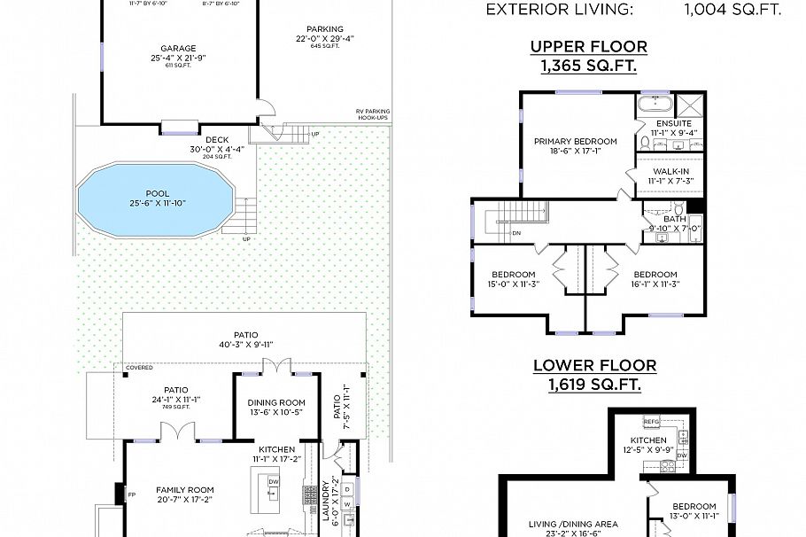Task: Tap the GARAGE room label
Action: coord(179,49)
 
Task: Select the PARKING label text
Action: coord(325,29)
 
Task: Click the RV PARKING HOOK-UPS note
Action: coord(373,114)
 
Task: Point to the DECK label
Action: coord(217,139)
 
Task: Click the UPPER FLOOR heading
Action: coord(588,46)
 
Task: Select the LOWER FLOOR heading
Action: coord(594,365)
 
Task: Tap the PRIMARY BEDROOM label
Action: coord(576,141)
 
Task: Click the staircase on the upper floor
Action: coord(515,214)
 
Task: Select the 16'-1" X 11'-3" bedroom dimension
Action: coord(655,284)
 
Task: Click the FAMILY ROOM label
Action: coord(185,489)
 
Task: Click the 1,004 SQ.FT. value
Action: coord(732,11)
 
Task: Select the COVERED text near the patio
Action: coord(139,367)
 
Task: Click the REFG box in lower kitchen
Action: coord(652,422)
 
